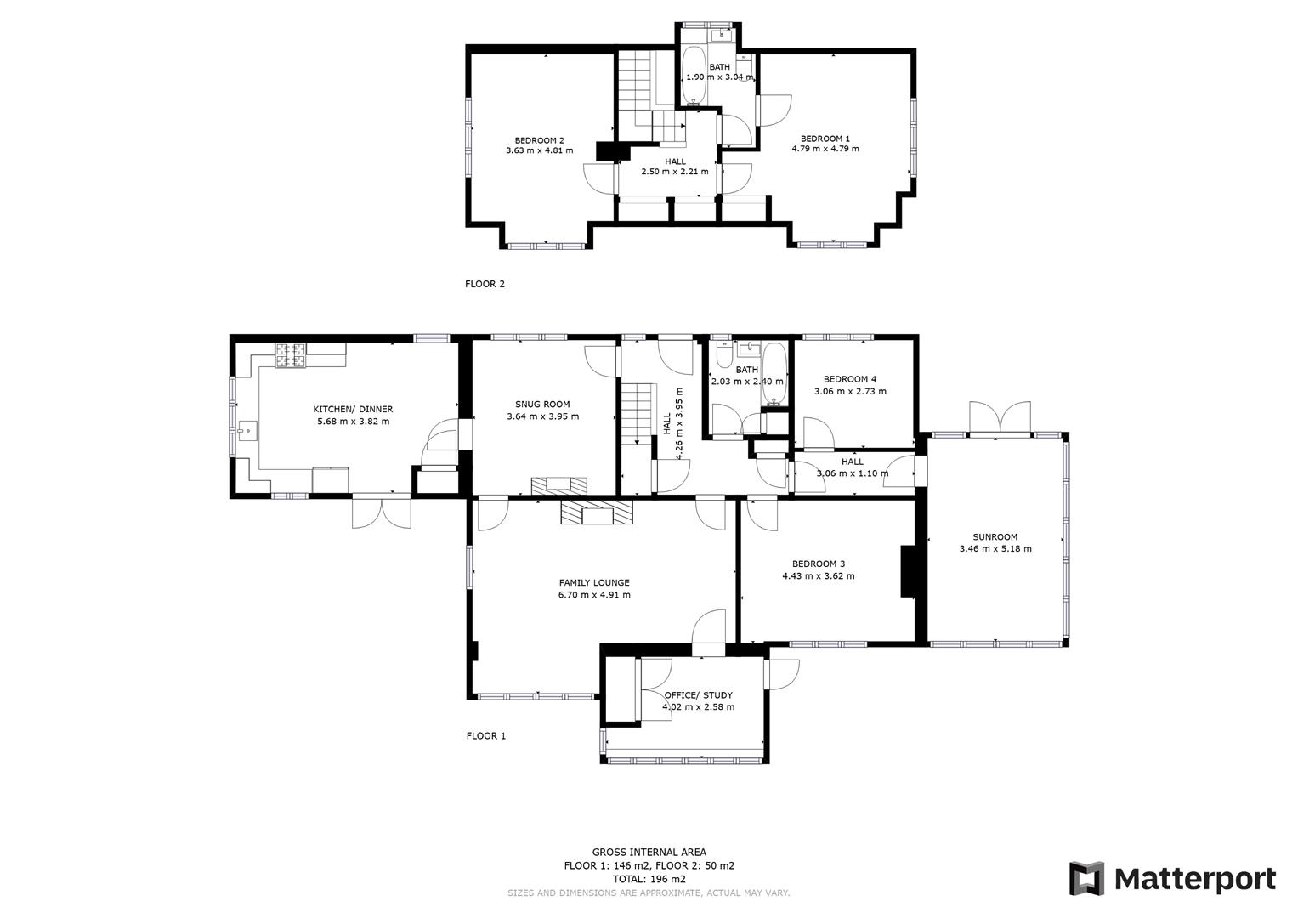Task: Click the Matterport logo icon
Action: pos(1085,878)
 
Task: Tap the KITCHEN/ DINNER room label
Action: pos(353,409)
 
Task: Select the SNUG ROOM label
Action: pos(542,405)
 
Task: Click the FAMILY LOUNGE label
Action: pos(594,583)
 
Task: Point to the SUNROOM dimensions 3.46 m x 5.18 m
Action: pos(995,549)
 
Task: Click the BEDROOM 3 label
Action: pos(818,564)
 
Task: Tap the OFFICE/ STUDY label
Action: pos(698,695)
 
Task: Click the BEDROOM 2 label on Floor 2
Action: pos(539,141)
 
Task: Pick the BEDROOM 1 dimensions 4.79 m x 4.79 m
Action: pos(825,149)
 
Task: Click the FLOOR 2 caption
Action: pos(485,284)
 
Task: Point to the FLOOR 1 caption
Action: pos(485,736)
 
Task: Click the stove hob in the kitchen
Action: pos(291,355)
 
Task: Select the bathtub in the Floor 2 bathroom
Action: pos(694,76)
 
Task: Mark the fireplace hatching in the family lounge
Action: pos(598,513)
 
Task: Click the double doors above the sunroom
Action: pos(1000,417)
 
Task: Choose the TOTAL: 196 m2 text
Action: pos(649,879)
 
